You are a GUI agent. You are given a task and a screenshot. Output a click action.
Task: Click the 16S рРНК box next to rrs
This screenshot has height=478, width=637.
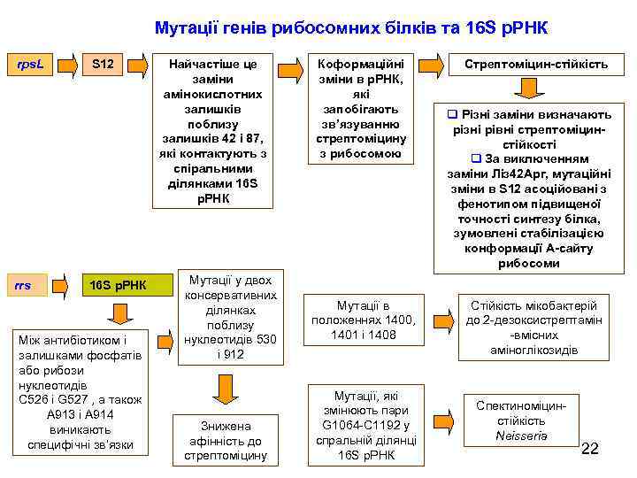(x=119, y=285)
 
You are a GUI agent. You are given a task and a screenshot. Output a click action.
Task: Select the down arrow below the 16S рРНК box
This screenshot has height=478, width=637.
(x=119, y=314)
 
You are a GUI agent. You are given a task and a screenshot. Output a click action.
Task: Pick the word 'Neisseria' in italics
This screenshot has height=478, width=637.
(x=522, y=436)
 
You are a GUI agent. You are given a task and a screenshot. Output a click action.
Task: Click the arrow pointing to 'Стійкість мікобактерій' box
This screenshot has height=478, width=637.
(x=441, y=319)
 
